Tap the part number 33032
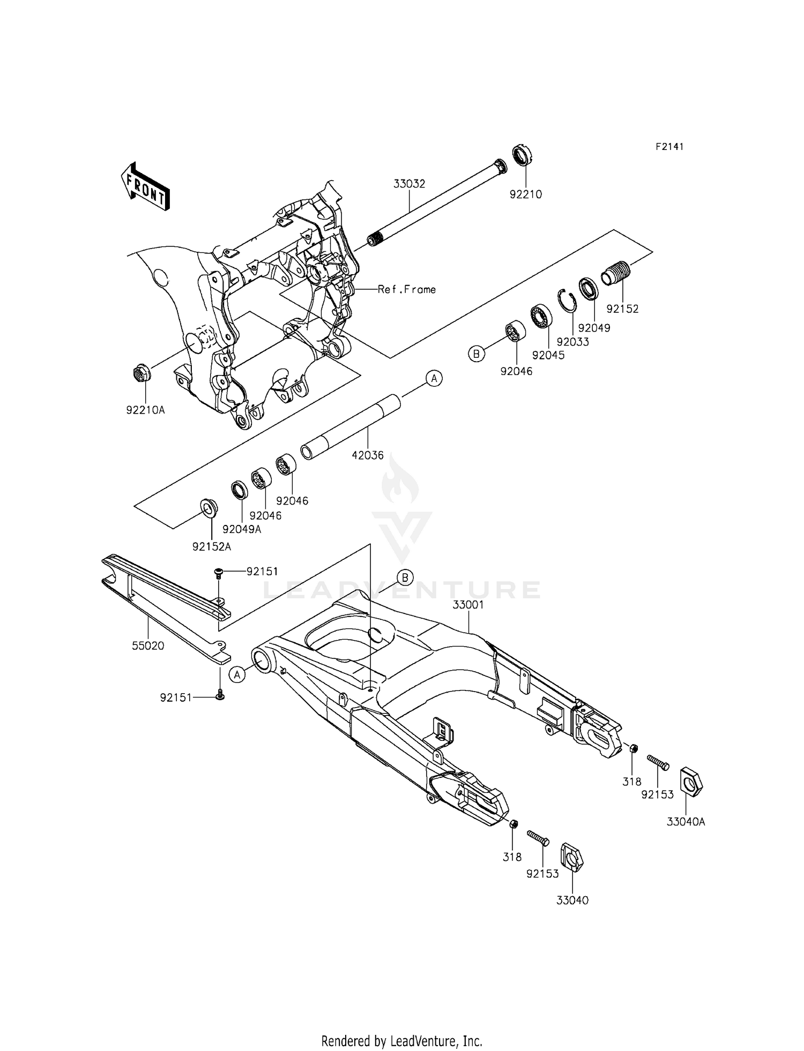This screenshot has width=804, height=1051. (409, 184)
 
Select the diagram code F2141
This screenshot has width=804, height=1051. (669, 147)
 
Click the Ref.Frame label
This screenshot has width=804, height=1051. (406, 289)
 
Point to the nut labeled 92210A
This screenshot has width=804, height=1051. (141, 372)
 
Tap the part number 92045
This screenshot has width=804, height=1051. (548, 355)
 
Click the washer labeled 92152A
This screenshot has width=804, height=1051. (209, 507)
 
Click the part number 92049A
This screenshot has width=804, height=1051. (241, 529)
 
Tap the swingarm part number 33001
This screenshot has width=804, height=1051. (468, 605)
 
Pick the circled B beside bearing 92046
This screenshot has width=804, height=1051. (475, 354)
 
